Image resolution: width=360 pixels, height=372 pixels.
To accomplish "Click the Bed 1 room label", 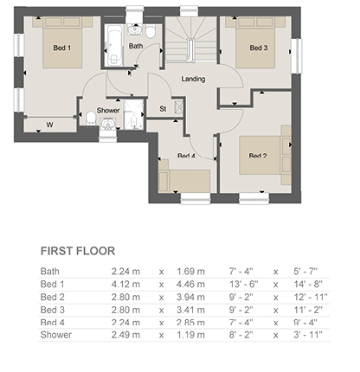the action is tap(62, 48).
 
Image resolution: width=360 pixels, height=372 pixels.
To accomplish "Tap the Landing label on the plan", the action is tap(193, 79).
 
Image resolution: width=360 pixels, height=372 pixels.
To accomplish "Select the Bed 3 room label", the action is tap(259, 48).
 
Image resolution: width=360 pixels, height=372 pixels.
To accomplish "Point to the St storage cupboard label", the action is tap(163, 109).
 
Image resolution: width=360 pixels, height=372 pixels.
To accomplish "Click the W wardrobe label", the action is tap(49, 125).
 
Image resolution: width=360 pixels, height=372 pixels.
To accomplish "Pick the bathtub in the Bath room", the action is tap(114, 45).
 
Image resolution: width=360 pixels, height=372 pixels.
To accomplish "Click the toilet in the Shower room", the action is tap(91, 119).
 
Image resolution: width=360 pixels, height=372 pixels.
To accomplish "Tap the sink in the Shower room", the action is tap(108, 124).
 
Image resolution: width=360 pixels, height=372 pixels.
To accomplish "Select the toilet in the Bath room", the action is tap(151, 31).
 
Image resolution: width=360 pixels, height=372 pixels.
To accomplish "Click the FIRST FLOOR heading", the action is tap(78, 251).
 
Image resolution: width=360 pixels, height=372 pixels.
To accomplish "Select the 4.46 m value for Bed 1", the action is tap(190, 285).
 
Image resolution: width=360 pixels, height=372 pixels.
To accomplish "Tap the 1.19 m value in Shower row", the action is tap(190, 335).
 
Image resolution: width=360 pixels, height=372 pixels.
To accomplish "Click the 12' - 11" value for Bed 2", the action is tap(311, 297).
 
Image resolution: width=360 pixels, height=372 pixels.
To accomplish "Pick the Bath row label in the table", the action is tap(50, 272).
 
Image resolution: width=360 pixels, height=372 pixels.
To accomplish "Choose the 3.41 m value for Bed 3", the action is tap(190, 310).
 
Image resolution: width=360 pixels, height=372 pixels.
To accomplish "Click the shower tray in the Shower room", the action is tap(133, 114).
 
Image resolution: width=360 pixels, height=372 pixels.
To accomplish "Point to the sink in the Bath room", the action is tap(134, 29).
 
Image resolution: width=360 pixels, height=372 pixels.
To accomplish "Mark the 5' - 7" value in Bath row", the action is tap(305, 272).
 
